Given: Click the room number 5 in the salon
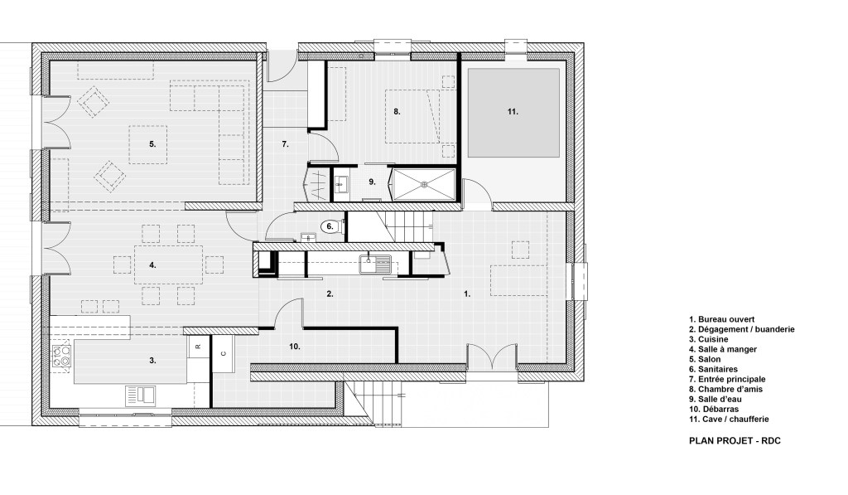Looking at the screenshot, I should (152, 144).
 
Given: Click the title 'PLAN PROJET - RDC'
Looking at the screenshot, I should (735, 442).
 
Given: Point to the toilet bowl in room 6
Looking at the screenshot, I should (330, 226).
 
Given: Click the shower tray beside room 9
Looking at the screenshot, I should (423, 185).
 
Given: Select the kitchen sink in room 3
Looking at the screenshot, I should (142, 393).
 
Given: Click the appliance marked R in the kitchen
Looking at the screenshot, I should (198, 346).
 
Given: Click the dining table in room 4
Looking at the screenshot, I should (168, 265).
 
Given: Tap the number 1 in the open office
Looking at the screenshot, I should (467, 294).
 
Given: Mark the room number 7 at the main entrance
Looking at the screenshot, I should (284, 145).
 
